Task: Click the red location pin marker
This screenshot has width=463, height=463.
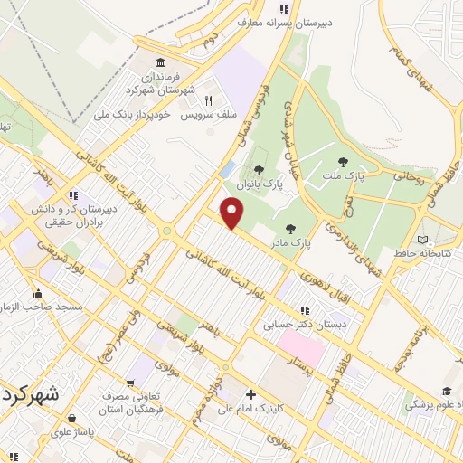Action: point(233,213)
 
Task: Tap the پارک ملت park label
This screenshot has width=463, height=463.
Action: point(372,176)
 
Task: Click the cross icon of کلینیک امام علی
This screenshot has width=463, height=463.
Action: point(250,393)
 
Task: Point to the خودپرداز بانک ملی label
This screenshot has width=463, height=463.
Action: point(135,115)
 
